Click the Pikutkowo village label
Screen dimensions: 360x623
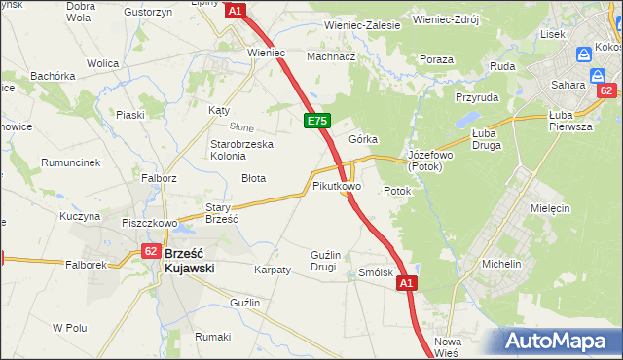337,185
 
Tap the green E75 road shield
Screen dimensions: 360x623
316,121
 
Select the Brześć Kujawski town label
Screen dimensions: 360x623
196,260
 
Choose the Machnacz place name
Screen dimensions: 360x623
331,56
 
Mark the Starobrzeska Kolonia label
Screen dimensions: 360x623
242,150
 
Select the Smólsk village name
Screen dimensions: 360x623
376,273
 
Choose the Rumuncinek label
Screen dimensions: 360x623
71,162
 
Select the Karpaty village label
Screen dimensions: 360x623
272,270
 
